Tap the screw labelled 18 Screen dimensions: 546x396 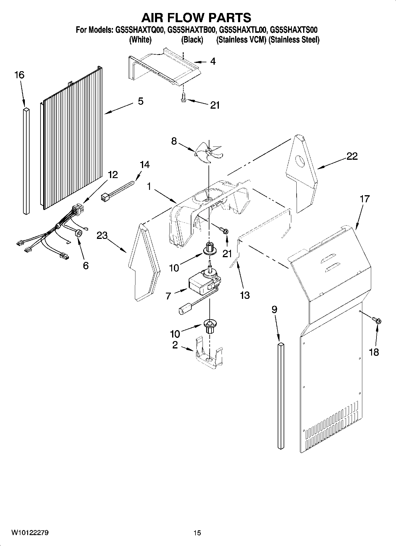click(x=377, y=320)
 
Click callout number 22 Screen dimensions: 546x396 click(x=352, y=156)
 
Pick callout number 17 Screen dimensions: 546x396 click(x=365, y=199)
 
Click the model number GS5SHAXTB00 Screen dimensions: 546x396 click(x=191, y=30)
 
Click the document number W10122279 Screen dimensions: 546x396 click(x=30, y=533)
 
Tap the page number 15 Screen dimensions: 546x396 click(x=197, y=533)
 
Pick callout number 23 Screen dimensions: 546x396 click(x=103, y=236)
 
